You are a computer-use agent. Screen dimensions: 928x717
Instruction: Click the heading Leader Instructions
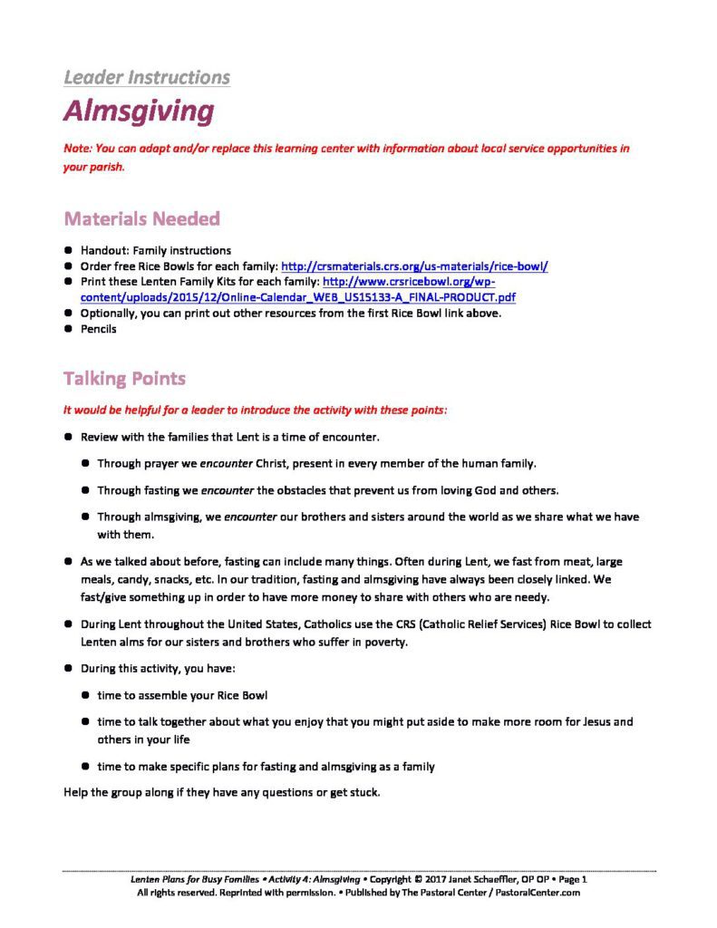click(x=147, y=77)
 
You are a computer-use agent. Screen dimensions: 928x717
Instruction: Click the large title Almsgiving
click(x=139, y=111)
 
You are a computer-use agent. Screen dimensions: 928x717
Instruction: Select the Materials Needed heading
click(x=141, y=218)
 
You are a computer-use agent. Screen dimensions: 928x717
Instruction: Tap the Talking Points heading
click(x=125, y=377)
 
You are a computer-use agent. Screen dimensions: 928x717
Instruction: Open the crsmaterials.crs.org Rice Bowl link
click(x=415, y=266)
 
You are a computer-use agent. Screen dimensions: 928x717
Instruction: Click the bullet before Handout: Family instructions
click(x=68, y=250)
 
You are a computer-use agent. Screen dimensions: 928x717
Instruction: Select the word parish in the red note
click(x=104, y=167)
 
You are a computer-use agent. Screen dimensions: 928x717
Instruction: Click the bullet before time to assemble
click(x=85, y=695)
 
